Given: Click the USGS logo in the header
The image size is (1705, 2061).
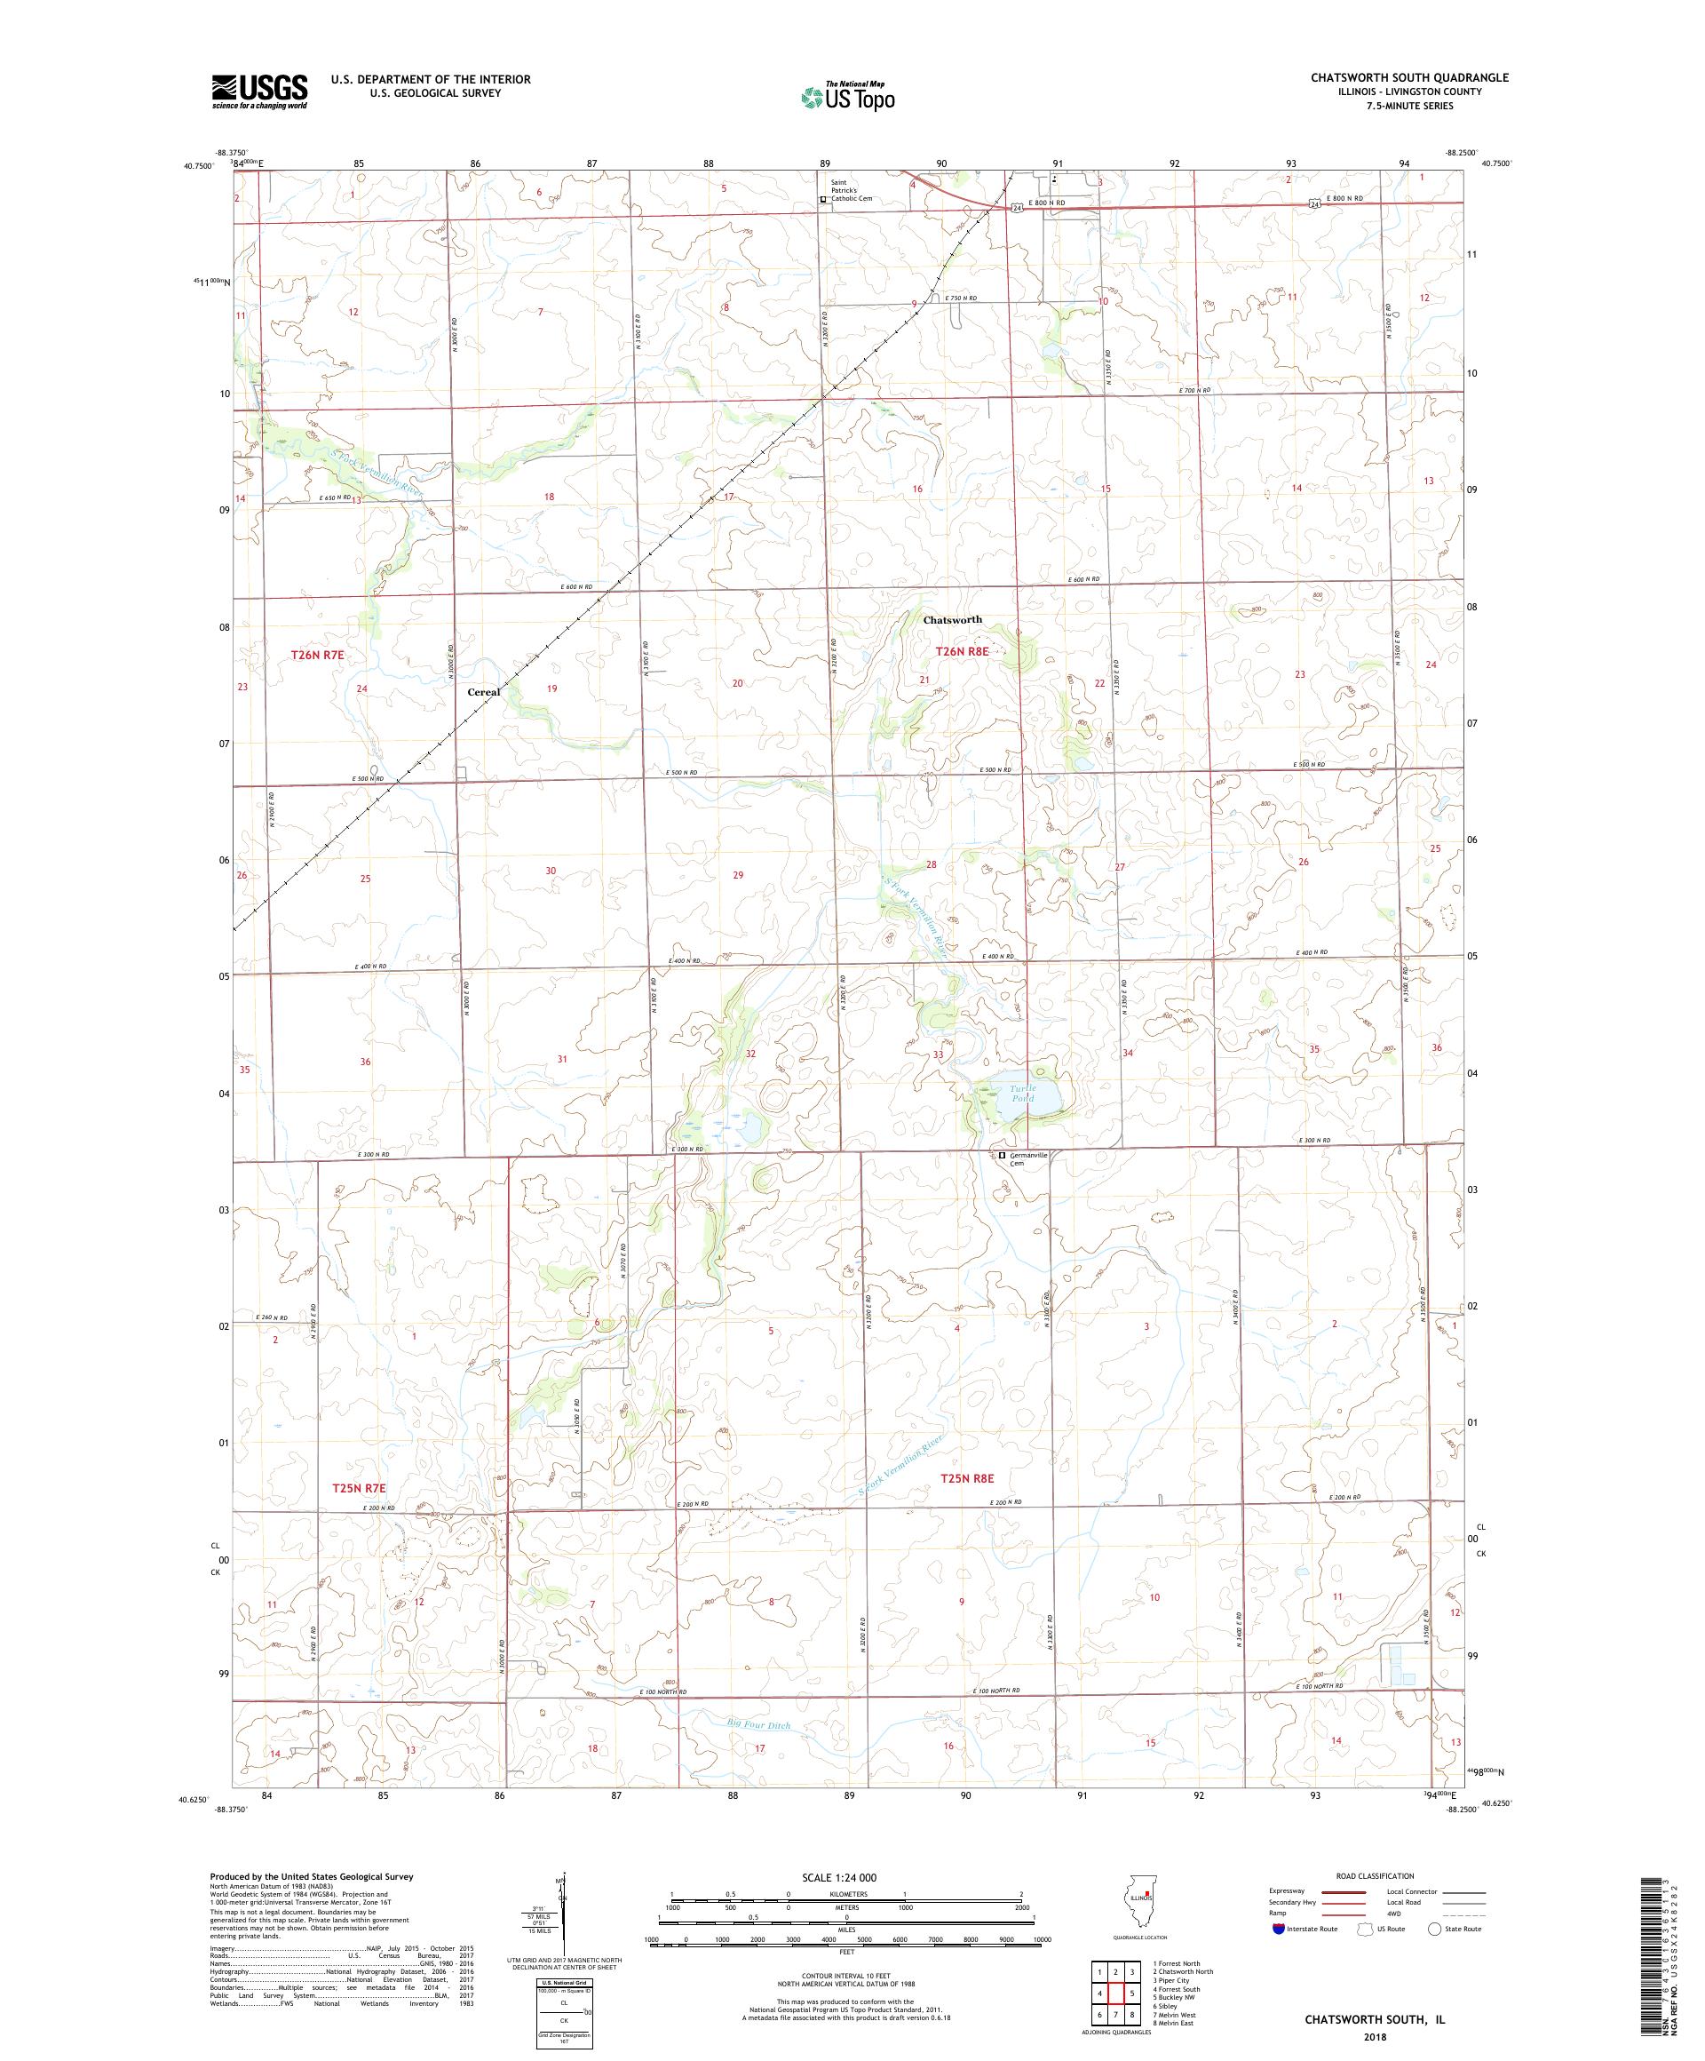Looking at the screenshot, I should click(259, 92).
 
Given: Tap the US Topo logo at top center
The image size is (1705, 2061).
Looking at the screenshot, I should click(849, 96).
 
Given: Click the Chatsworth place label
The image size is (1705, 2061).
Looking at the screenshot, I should click(952, 619).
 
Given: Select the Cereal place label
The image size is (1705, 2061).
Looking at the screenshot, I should click(483, 692).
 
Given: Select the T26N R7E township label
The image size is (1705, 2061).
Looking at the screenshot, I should click(319, 653).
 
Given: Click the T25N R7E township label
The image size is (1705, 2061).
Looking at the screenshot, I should click(362, 1489).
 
